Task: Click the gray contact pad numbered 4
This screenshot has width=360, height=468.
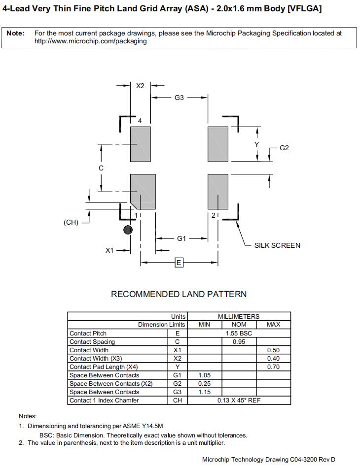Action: pos(140,144)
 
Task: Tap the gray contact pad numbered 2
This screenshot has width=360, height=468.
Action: pos(217,191)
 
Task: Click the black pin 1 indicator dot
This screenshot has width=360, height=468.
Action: pos(128,230)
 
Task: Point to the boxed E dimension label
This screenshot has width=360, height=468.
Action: pos(179,263)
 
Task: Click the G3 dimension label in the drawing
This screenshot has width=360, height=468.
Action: pos(179,98)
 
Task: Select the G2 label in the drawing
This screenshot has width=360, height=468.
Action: pos(284,148)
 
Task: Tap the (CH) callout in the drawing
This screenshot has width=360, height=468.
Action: pos(71,222)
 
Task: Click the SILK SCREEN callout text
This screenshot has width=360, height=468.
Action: pos(277,245)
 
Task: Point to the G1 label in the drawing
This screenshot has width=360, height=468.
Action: pos(181,238)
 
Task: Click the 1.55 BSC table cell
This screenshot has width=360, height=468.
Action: pos(239,333)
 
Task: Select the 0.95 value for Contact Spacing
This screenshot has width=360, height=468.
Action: pos(239,341)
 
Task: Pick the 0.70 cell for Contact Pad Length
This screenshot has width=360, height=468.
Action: pos(273,367)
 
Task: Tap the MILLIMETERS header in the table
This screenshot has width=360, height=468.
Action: pos(239,316)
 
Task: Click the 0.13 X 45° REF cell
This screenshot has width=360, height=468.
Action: pos(239,400)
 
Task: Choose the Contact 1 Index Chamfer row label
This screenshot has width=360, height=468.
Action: pos(104,400)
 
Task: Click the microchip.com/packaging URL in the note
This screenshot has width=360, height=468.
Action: pos(91,41)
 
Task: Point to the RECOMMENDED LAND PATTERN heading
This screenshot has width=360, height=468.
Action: pos(179,294)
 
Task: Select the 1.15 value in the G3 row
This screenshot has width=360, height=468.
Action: pos(204,392)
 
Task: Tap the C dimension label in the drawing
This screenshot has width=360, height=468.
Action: pos(101,168)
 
